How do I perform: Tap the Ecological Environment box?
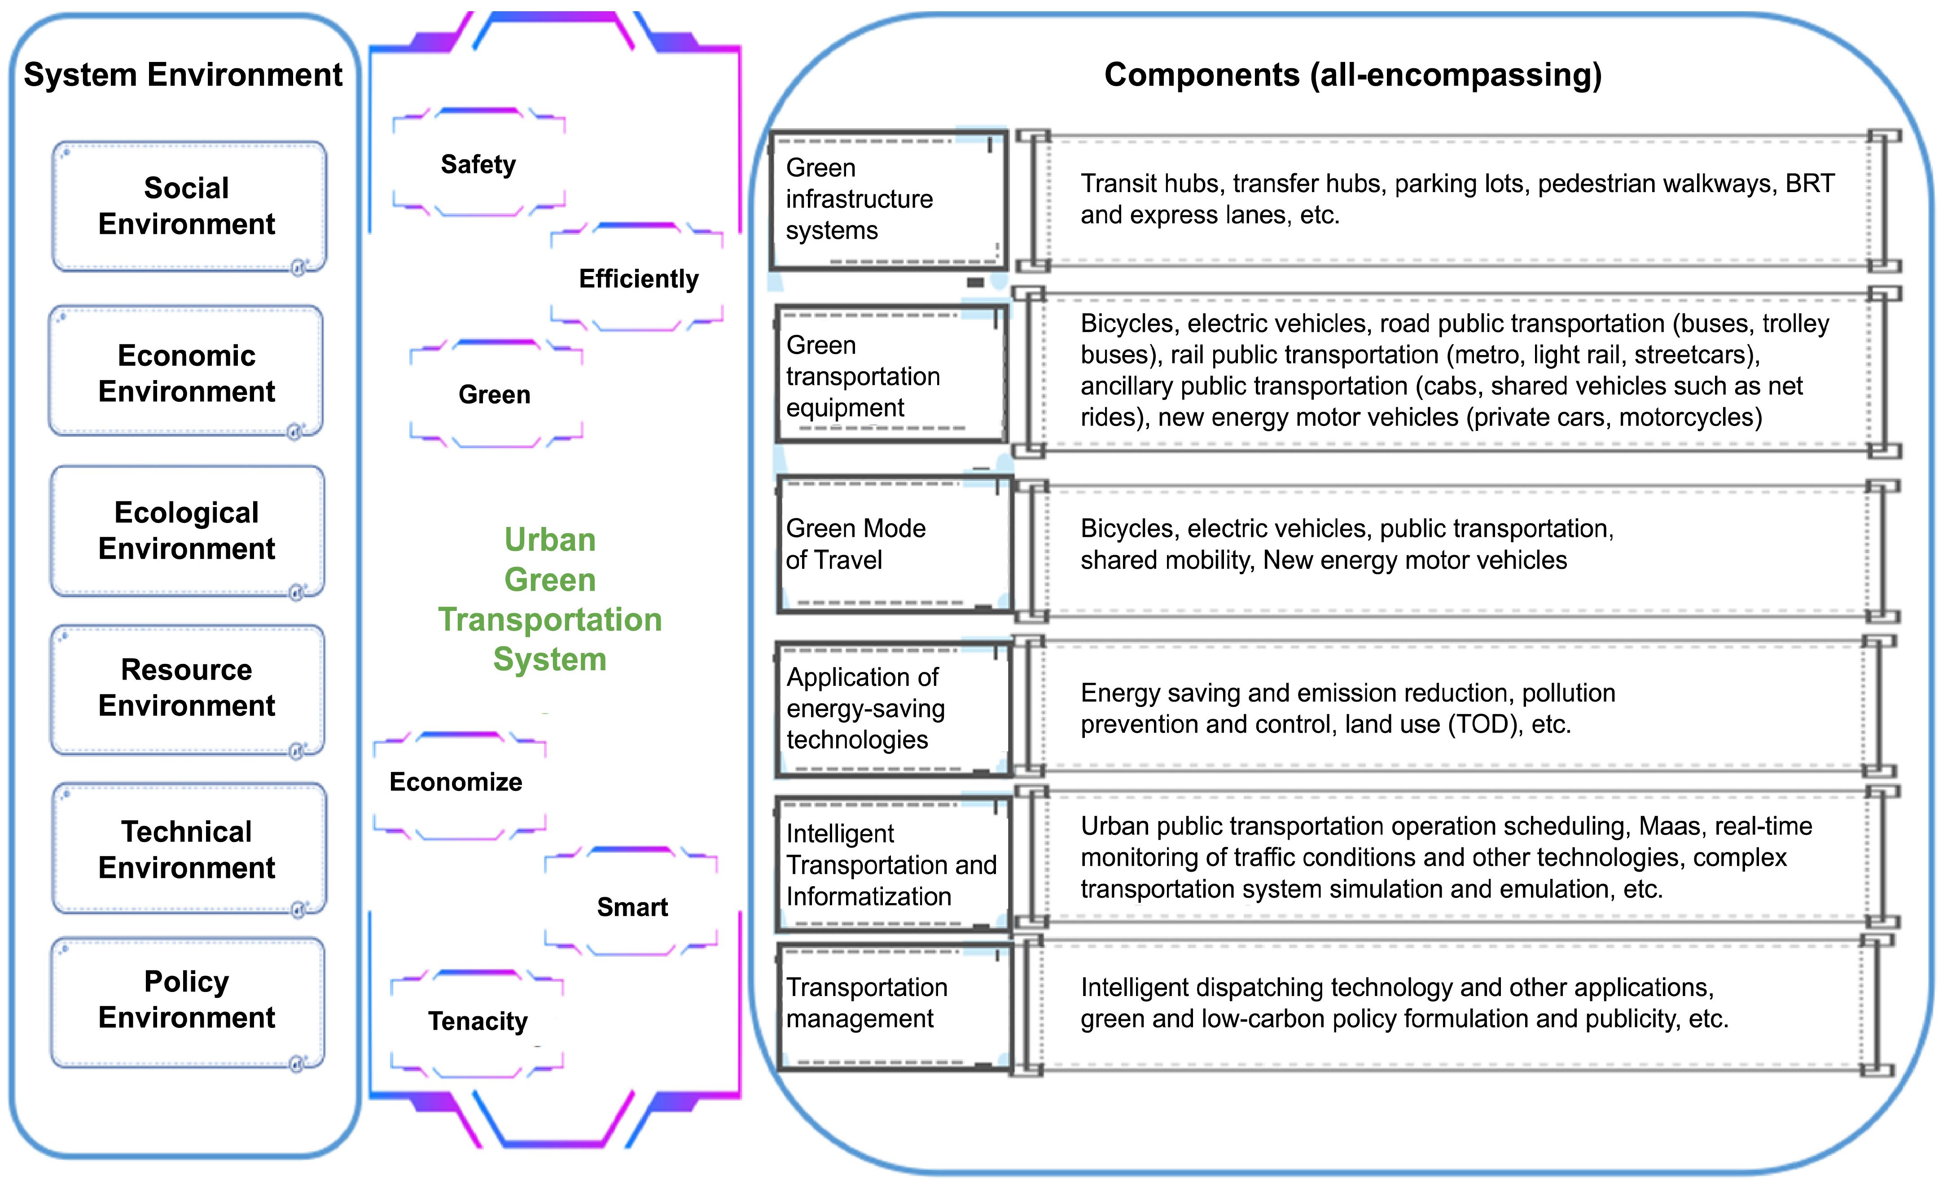tap(187, 531)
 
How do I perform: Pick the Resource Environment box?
tap(187, 688)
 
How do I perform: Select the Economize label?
tap(456, 781)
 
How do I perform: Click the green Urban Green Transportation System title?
tap(550, 599)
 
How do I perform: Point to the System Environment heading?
tap(183, 75)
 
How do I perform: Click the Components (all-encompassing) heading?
tap(1352, 75)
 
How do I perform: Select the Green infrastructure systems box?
tap(889, 200)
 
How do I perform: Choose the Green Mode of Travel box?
tap(894, 544)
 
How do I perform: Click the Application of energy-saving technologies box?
tap(893, 709)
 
